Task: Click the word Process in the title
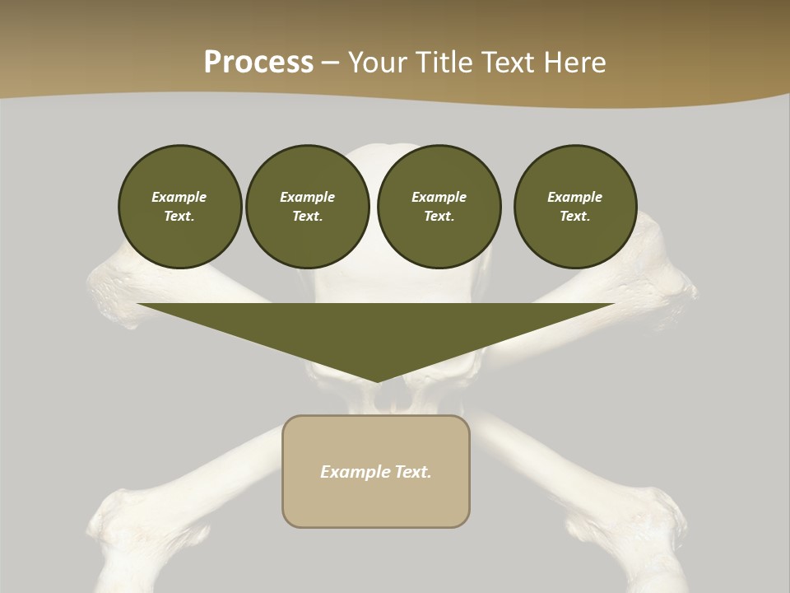[x=258, y=63]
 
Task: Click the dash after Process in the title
[x=331, y=63]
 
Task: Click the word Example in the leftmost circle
[x=179, y=197]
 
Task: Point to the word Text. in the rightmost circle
[x=575, y=216]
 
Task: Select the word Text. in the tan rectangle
[x=413, y=472]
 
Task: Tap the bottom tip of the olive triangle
[x=377, y=381]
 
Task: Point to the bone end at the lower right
[x=658, y=519]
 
